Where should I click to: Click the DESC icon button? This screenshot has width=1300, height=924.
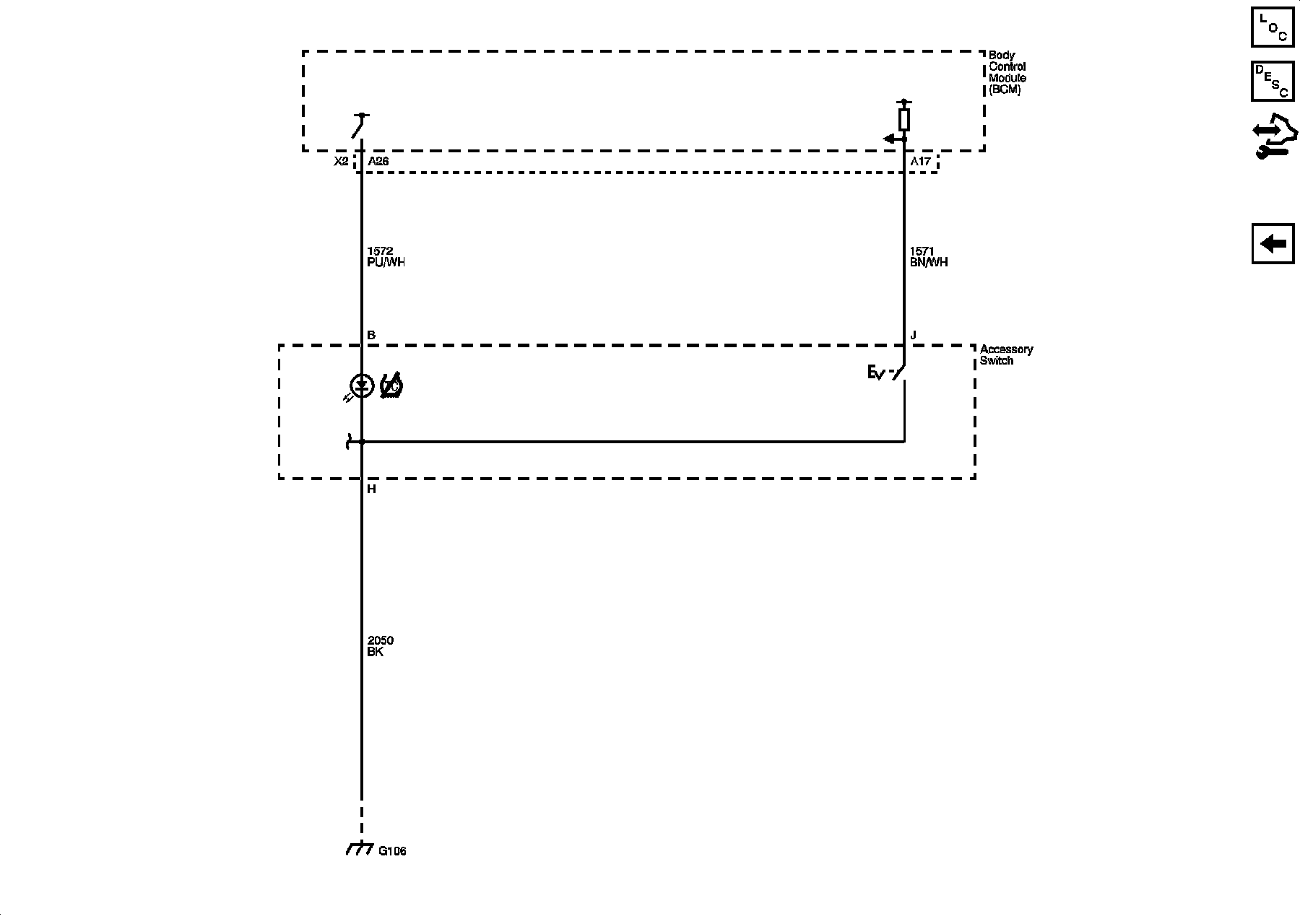click(1273, 81)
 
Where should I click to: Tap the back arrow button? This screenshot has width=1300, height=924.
click(1273, 244)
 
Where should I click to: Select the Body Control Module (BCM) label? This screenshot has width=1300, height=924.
click(1007, 73)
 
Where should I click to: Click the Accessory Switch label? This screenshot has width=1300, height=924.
click(1005, 355)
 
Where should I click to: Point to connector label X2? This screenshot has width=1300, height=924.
click(341, 162)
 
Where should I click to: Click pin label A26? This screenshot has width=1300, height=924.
click(378, 162)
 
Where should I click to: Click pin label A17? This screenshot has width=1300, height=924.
click(920, 162)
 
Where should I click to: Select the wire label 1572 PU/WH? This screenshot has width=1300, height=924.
click(386, 257)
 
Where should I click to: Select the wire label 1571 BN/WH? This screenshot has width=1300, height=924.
click(929, 257)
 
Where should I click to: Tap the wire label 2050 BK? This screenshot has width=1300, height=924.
click(380, 646)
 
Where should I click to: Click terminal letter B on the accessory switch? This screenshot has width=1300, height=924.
click(371, 336)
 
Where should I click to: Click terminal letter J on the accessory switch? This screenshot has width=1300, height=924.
click(914, 336)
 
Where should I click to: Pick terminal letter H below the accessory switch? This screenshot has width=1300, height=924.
click(371, 489)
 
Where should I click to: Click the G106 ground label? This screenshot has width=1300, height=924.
click(392, 851)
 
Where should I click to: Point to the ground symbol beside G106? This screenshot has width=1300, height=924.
click(360, 849)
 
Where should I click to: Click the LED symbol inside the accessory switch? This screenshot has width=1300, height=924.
click(361, 386)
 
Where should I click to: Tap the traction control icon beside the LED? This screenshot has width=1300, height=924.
click(391, 386)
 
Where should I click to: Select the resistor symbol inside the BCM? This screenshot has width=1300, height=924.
click(903, 119)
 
